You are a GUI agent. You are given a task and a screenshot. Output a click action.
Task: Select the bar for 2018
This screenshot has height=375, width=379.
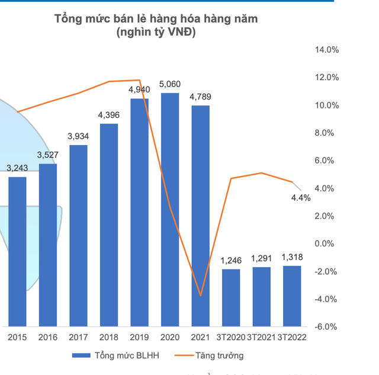(x=109, y=225)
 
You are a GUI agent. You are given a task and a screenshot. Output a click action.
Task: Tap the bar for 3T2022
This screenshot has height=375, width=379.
(x=291, y=296)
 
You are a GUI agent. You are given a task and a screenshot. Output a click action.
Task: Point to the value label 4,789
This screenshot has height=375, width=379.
(x=200, y=97)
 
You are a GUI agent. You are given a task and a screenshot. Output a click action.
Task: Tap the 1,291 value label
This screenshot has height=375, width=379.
(x=261, y=258)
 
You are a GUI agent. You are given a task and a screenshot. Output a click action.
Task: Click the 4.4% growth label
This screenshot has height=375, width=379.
(x=301, y=198)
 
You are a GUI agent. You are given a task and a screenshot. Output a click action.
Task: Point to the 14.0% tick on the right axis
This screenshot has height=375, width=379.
(x=327, y=50)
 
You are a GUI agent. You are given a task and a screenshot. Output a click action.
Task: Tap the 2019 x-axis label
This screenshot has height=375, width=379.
(x=139, y=337)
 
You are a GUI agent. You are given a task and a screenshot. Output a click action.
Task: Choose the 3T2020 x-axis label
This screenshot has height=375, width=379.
(x=230, y=337)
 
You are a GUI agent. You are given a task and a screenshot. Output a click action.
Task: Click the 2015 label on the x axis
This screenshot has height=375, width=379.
(x=17, y=337)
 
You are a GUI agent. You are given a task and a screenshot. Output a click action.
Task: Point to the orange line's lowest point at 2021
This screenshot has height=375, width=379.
(x=200, y=295)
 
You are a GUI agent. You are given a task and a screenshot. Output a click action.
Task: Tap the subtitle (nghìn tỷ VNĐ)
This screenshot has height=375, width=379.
(x=156, y=33)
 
